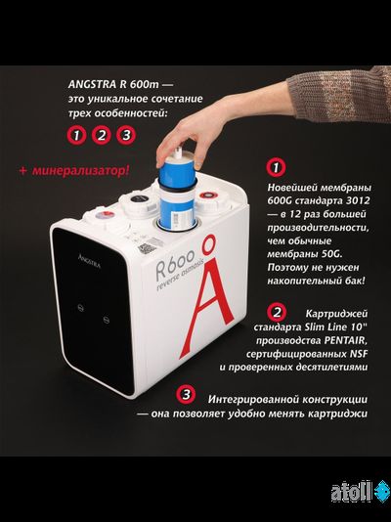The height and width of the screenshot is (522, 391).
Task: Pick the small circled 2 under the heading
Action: point(102,136)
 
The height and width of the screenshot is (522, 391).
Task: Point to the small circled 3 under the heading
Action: point(124,136)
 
